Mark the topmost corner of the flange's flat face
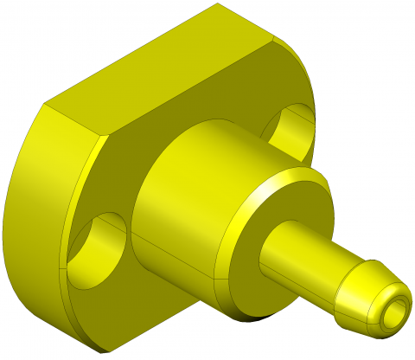click(x=217, y=4)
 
